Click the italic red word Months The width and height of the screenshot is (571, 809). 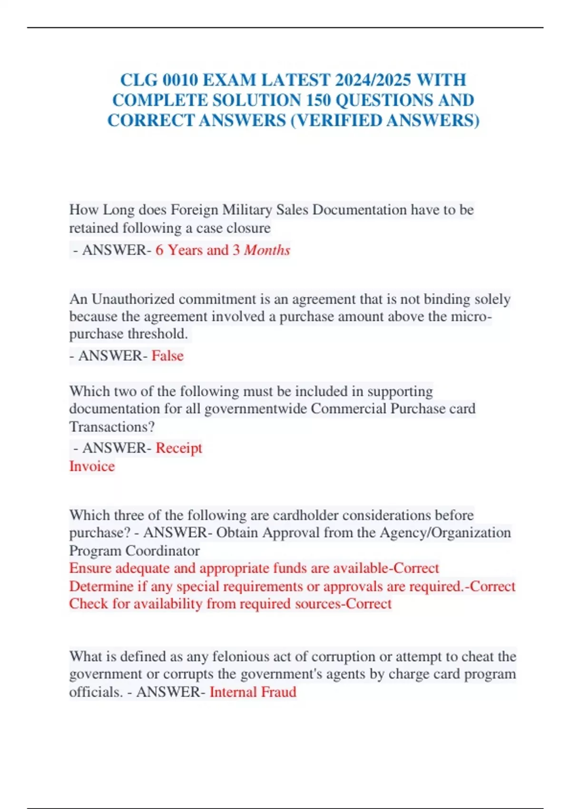(x=267, y=250)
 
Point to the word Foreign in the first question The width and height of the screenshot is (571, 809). (x=194, y=210)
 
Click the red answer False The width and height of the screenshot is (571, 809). (x=167, y=355)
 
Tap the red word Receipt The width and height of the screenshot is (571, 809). (x=179, y=448)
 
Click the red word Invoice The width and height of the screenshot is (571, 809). (x=92, y=466)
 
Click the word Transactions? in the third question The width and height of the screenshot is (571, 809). (x=112, y=427)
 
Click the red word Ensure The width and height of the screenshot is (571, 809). (x=90, y=568)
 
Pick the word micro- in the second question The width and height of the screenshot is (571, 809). (x=472, y=316)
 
